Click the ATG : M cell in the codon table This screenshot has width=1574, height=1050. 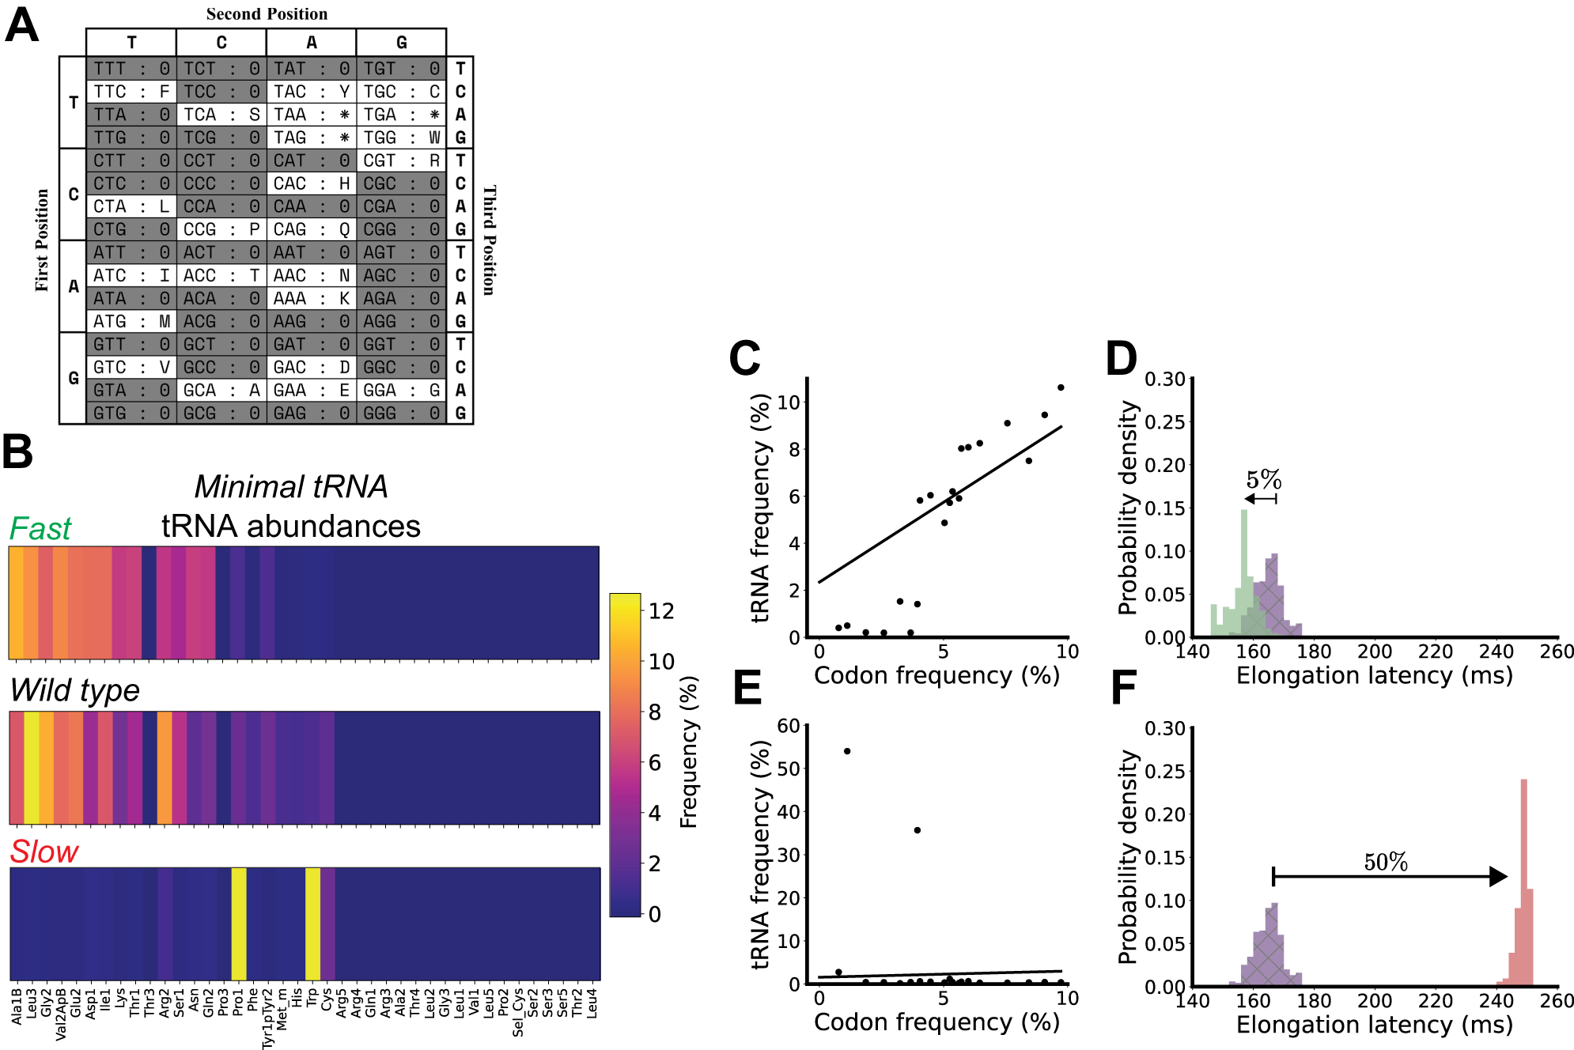[131, 322]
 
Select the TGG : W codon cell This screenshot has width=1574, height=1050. [401, 138]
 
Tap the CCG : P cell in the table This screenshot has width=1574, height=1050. [221, 229]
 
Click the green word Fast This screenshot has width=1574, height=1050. [40, 528]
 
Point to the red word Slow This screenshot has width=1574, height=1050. [44, 852]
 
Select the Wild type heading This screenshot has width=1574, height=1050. [75, 690]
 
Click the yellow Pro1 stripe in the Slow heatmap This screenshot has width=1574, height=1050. [238, 923]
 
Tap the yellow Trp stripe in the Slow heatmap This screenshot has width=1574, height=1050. [312, 923]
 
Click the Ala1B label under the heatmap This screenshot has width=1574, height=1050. [17, 1006]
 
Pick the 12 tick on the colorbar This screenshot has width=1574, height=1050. [661, 610]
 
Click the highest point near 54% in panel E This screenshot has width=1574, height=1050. [847, 751]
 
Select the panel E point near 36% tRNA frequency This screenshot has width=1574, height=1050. [917, 830]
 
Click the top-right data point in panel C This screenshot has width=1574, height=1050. [1061, 387]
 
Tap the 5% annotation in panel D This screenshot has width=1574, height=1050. [1263, 480]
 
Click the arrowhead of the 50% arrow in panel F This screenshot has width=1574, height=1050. [1498, 876]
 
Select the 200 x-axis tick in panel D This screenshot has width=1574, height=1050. [1375, 652]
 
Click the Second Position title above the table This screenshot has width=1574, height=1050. [267, 14]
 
